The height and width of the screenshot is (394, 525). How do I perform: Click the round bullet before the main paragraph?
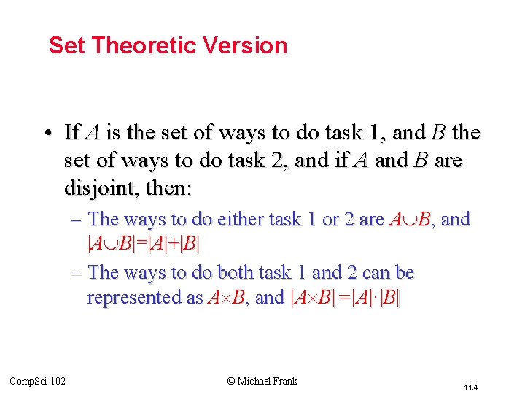click(47, 134)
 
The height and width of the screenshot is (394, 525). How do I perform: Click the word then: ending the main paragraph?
click(168, 188)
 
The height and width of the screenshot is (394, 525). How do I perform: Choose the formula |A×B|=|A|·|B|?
click(346, 298)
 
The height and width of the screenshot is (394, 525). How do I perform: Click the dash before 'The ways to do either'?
click(77, 219)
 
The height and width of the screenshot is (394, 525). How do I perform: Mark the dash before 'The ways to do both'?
click(77, 273)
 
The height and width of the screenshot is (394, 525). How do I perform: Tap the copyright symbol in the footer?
click(231, 381)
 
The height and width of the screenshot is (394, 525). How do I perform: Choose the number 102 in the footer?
click(58, 381)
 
